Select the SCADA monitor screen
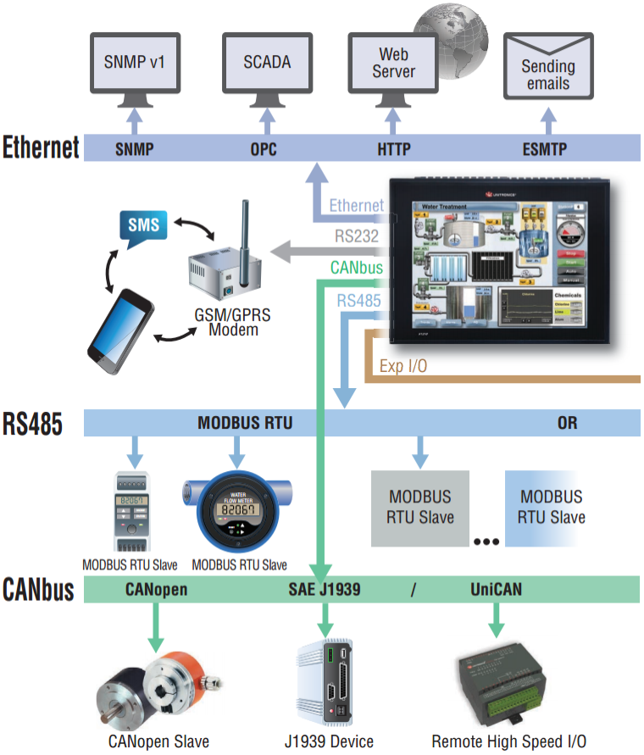(267, 62)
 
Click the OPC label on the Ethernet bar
(264, 150)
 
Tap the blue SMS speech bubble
(142, 225)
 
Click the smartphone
(122, 325)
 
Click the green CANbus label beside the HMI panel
(357, 268)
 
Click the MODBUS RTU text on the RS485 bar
(245, 422)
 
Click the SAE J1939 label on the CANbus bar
(321, 589)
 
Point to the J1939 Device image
(327, 687)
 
